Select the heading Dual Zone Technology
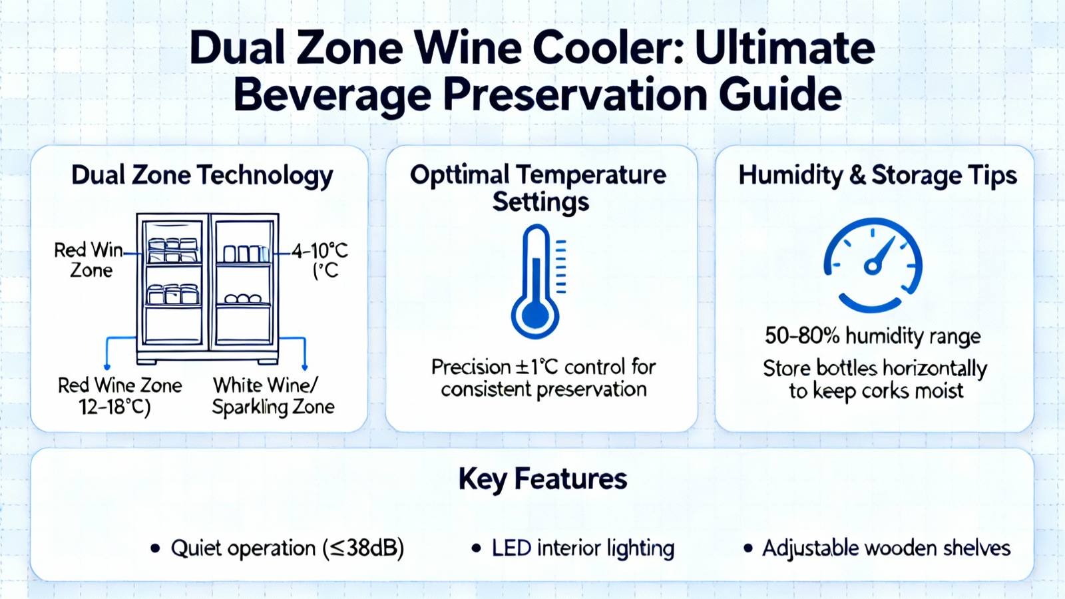pyautogui.click(x=202, y=176)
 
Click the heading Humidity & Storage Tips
pyautogui.click(x=877, y=176)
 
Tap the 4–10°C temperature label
pyautogui.click(x=320, y=250)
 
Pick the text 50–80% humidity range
pyautogui.click(x=873, y=337)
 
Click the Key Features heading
pyautogui.click(x=542, y=479)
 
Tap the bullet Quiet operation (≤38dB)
pyautogui.click(x=277, y=548)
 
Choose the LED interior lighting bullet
pyautogui.click(x=573, y=548)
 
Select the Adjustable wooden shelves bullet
pyautogui.click(x=877, y=548)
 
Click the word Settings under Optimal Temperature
pyautogui.click(x=540, y=202)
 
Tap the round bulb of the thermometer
pyautogui.click(x=535, y=314)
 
